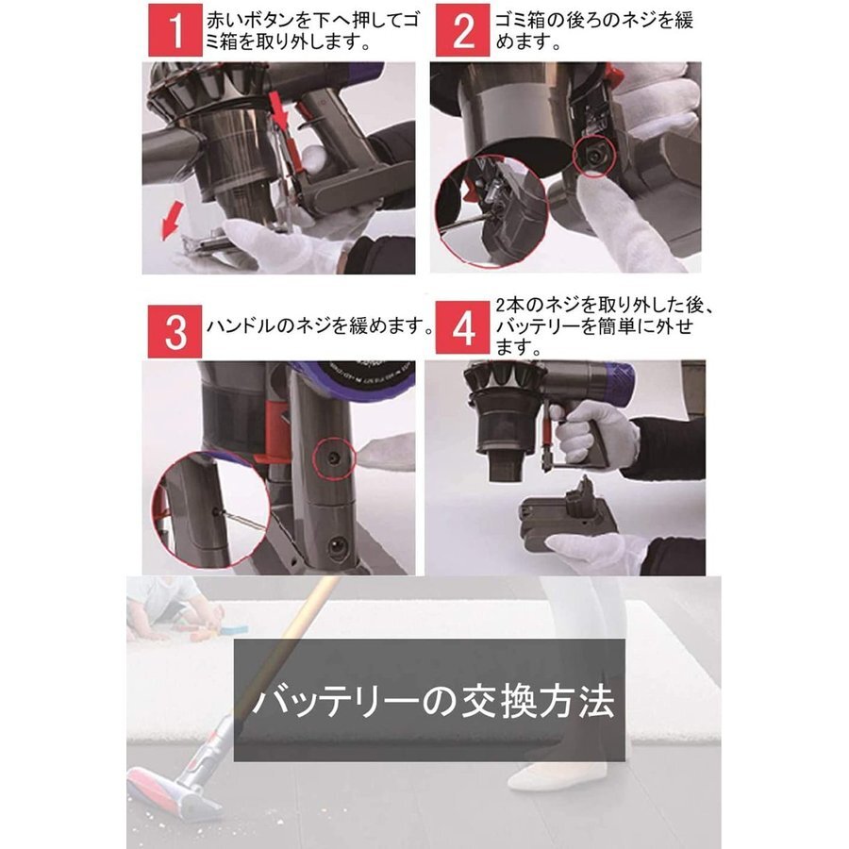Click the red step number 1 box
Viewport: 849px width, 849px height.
pyautogui.click(x=175, y=31)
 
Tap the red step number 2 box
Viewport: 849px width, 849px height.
pyautogui.click(x=463, y=31)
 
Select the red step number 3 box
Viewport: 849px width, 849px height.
pyautogui.click(x=175, y=331)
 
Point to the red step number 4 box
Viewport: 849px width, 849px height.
pyautogui.click(x=463, y=328)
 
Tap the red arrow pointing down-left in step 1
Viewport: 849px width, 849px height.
pyautogui.click(x=173, y=221)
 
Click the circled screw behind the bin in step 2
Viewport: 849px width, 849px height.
pyautogui.click(x=594, y=156)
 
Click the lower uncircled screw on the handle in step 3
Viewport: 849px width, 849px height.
pyautogui.click(x=337, y=546)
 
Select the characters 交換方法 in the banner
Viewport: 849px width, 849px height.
pyautogui.click(x=538, y=702)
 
